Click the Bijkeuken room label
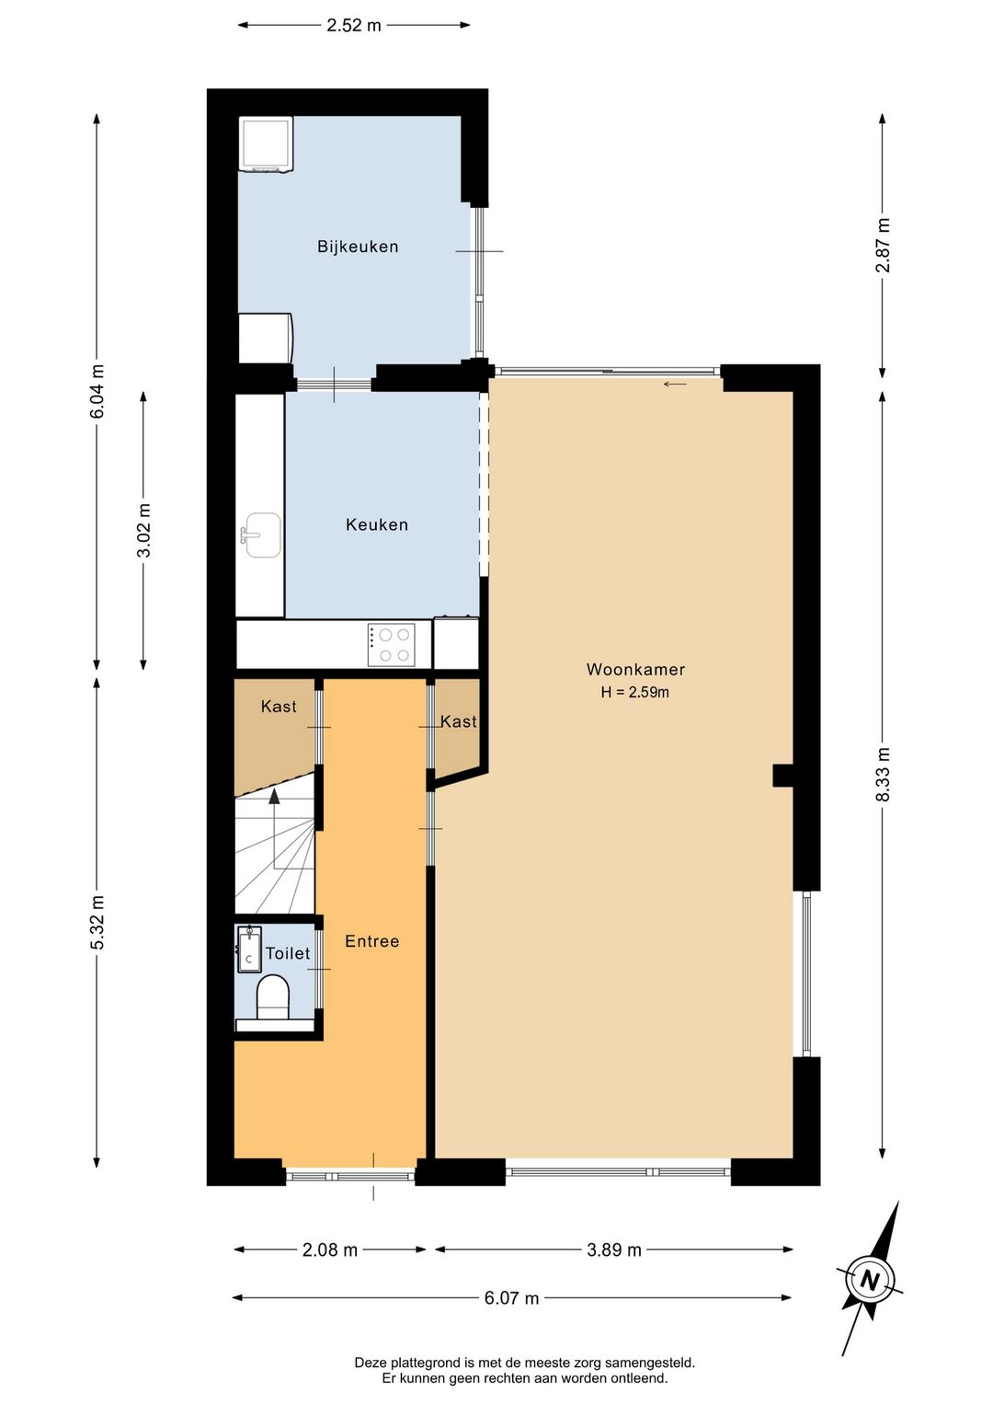pos(358,247)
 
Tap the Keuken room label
pos(377,524)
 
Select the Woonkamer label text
pos(635,669)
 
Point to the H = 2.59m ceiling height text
pos(634,692)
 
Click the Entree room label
pos(372,941)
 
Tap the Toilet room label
pos(288,953)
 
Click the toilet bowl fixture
pos(273,996)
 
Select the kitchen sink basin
pos(262,535)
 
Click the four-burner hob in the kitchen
pos(391,645)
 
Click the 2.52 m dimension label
pos(353,26)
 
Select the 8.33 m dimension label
pos(883,775)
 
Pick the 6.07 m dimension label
pos(511,1298)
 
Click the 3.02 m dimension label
pos(144,530)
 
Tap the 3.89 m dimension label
pos(614,1249)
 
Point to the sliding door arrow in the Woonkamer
pos(675,385)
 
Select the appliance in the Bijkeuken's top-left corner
pos(267,144)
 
